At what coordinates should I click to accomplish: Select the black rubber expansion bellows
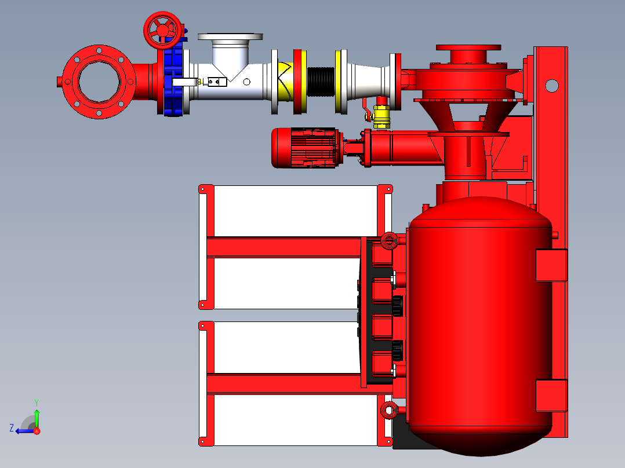[x=321, y=82]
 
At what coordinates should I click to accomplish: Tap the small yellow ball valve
[x=381, y=116]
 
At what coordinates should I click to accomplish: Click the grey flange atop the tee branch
[x=230, y=36]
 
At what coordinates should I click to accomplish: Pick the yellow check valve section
[x=287, y=82]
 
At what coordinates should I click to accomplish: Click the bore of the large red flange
[x=99, y=82]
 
